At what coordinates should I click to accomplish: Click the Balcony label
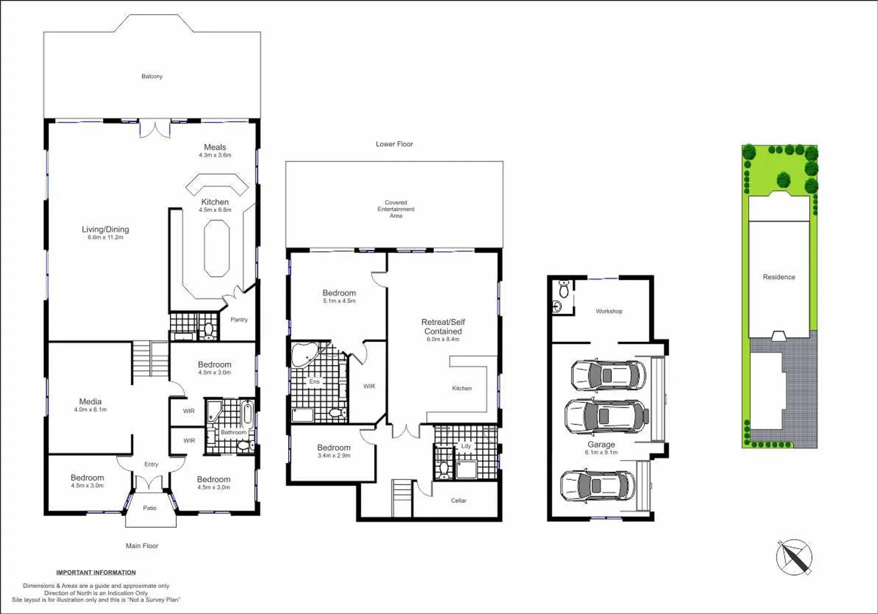click(152, 76)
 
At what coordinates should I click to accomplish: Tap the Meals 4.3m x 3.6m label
click(215, 151)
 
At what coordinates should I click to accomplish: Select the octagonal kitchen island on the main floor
click(217, 249)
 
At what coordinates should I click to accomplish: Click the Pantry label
click(239, 320)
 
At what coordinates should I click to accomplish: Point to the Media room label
click(90, 405)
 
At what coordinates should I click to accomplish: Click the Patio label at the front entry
click(150, 508)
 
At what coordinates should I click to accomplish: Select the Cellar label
click(458, 501)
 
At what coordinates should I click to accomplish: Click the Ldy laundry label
click(466, 446)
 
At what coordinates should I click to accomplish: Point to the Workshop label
click(608, 312)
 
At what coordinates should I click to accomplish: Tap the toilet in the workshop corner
click(564, 289)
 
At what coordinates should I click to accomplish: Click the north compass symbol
click(794, 557)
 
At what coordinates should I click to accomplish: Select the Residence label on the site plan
click(778, 277)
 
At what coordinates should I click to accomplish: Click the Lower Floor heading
click(394, 144)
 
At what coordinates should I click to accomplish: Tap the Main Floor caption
click(142, 546)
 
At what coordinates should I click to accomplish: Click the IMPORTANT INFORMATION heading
click(96, 572)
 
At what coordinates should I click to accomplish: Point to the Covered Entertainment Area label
click(396, 209)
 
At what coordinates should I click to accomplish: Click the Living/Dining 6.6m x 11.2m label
click(105, 233)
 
